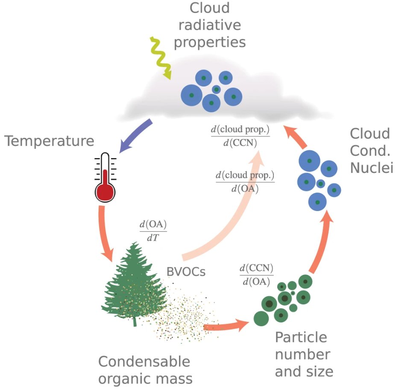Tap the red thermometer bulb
[x=104, y=192]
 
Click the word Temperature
[x=49, y=141]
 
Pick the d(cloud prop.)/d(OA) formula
[x=244, y=182]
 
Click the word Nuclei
[x=371, y=168]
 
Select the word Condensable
[x=144, y=362]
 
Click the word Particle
[x=301, y=338]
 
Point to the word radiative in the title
[x=210, y=25]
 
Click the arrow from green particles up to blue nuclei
[x=321, y=244]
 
